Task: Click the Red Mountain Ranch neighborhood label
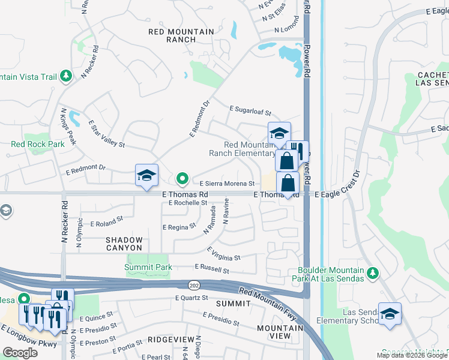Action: click(172, 34)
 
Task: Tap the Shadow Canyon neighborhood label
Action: click(124, 244)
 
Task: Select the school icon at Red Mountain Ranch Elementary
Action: click(279, 134)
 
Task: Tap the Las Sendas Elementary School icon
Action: click(390, 314)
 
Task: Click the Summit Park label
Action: click(149, 268)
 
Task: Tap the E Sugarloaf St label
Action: click(250, 110)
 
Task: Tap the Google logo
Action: click(20, 352)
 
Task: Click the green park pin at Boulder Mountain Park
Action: click(373, 273)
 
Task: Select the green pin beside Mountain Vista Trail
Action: click(66, 76)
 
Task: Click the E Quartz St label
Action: click(191, 298)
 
